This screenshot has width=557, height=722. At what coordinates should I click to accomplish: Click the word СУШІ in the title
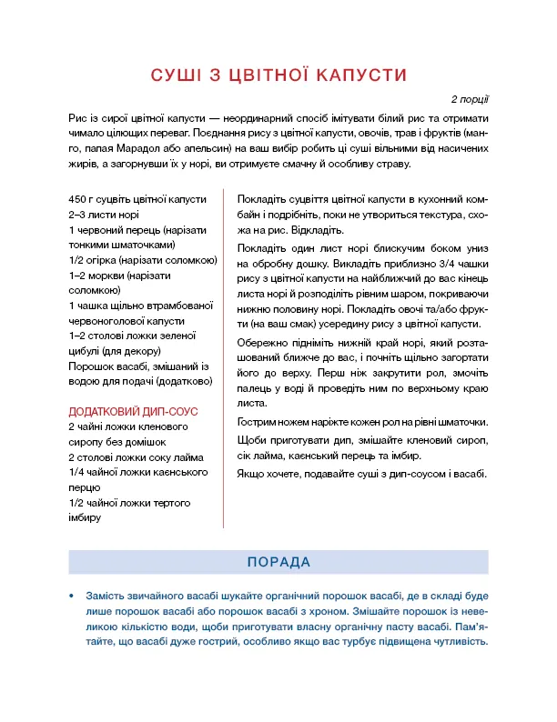(x=177, y=75)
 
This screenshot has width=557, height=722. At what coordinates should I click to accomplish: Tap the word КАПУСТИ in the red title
(x=359, y=75)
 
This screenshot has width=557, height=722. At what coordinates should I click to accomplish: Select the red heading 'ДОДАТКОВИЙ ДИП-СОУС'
(x=134, y=412)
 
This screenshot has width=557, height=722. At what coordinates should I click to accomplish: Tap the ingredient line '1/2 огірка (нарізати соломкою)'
(x=141, y=261)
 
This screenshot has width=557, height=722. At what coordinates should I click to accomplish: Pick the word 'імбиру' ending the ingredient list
(x=85, y=518)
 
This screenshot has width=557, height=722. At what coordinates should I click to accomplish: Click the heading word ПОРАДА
(x=278, y=562)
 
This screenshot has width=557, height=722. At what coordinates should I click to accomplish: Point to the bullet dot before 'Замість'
(x=71, y=596)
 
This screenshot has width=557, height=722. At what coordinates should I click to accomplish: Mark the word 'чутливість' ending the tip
(x=459, y=641)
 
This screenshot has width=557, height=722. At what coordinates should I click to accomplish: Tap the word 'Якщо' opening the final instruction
(x=249, y=474)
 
